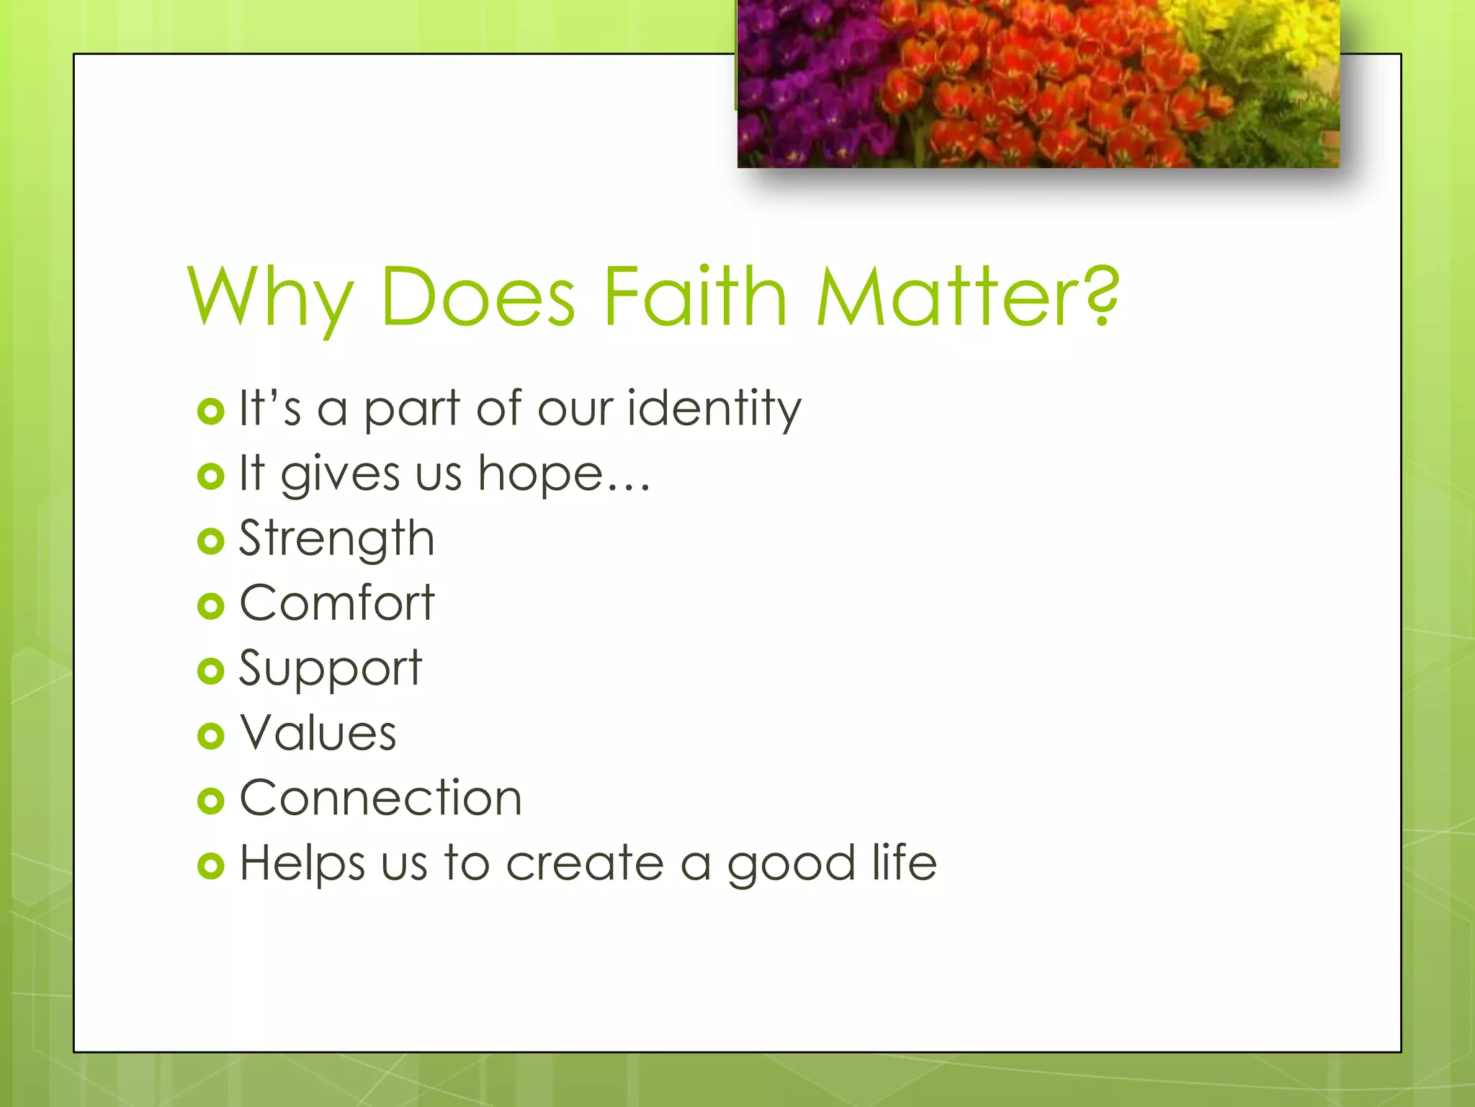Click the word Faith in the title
694,297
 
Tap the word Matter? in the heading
967,297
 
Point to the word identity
714,409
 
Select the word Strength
336,539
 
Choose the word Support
330,669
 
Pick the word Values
318,733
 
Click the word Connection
380,799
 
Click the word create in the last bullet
585,864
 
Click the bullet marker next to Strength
210,541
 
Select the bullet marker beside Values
210,736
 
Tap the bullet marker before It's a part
210,412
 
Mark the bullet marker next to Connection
210,801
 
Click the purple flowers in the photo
807,79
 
